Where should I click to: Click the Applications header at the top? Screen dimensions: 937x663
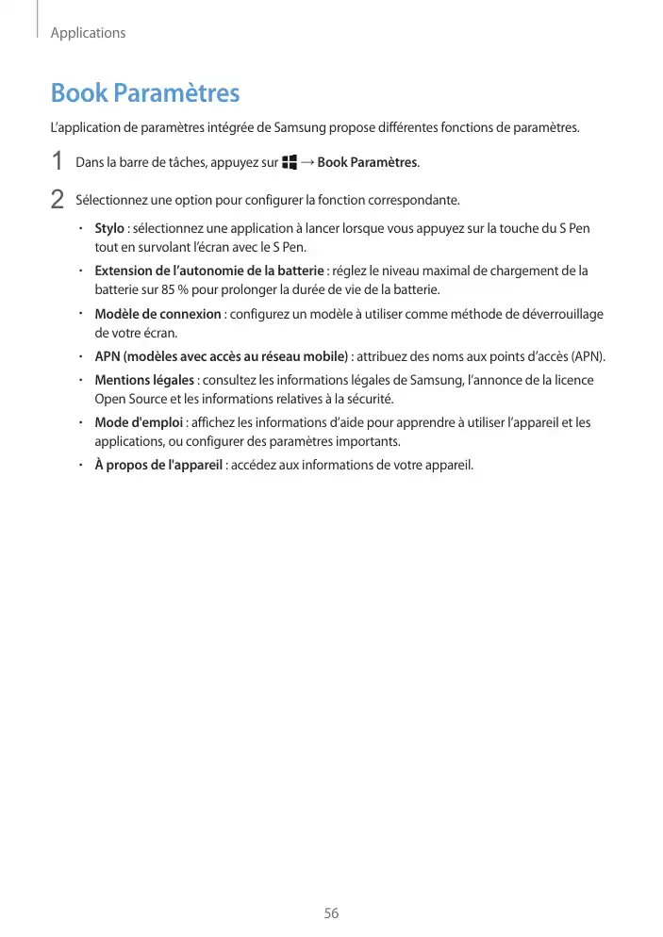pos(88,33)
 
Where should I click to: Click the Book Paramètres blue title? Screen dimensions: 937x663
pos(145,93)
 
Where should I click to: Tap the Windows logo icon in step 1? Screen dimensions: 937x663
pos(289,162)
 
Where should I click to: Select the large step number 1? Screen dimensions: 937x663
pos(58,162)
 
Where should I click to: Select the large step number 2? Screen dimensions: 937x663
pos(58,200)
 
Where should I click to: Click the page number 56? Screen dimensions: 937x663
pos(331,913)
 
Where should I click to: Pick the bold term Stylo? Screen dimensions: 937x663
pos(109,228)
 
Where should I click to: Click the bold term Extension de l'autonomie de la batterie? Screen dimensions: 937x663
pos(208,271)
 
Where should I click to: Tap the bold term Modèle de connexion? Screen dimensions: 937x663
pos(157,314)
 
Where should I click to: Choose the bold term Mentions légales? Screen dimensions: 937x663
pos(145,380)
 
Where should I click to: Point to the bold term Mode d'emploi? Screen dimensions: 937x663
pos(139,422)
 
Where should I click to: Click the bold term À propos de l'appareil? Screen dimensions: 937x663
pos(158,465)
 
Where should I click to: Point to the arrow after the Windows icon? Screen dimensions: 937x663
pos(307,162)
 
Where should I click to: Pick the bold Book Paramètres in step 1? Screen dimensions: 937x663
pos(367,162)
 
